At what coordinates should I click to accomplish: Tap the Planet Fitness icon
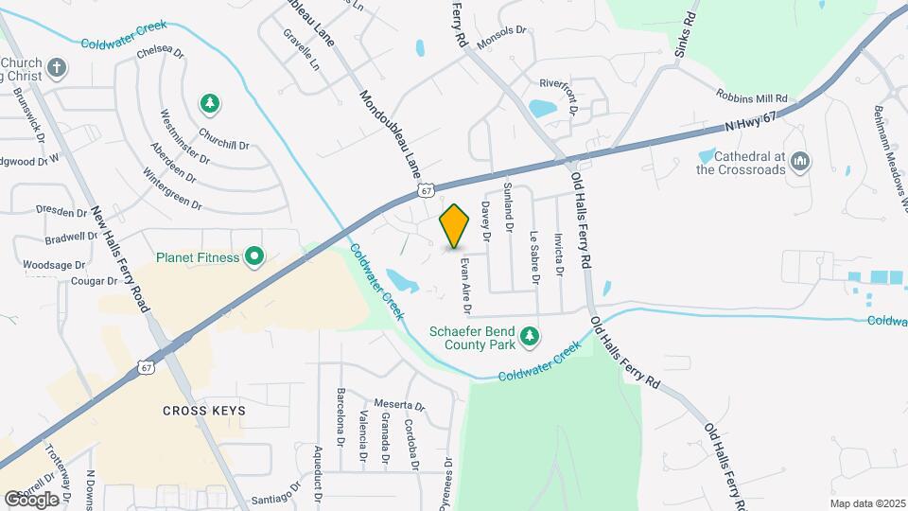253,256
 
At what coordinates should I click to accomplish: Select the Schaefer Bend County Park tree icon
531,335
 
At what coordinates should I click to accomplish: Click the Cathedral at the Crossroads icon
800,163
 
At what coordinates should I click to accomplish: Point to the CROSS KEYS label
204,411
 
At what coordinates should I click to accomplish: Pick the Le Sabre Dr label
534,258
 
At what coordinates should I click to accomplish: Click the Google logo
31,499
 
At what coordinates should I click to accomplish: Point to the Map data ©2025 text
865,503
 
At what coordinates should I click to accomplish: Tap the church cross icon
57,68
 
